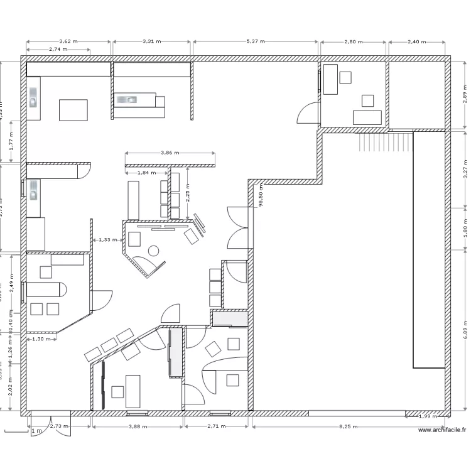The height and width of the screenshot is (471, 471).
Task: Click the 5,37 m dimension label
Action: (x=256, y=41)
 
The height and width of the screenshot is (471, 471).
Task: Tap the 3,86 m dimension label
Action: (x=170, y=153)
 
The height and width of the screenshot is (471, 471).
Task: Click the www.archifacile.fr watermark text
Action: (x=442, y=430)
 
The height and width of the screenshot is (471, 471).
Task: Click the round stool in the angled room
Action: (x=153, y=251)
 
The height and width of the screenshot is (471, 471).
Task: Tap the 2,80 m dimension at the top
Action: (x=354, y=41)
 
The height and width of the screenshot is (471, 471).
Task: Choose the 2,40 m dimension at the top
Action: (x=417, y=41)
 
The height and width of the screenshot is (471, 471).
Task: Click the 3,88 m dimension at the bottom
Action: (x=137, y=426)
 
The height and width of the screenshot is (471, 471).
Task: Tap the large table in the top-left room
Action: (x=73, y=109)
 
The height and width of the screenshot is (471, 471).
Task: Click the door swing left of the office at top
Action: (x=308, y=113)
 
